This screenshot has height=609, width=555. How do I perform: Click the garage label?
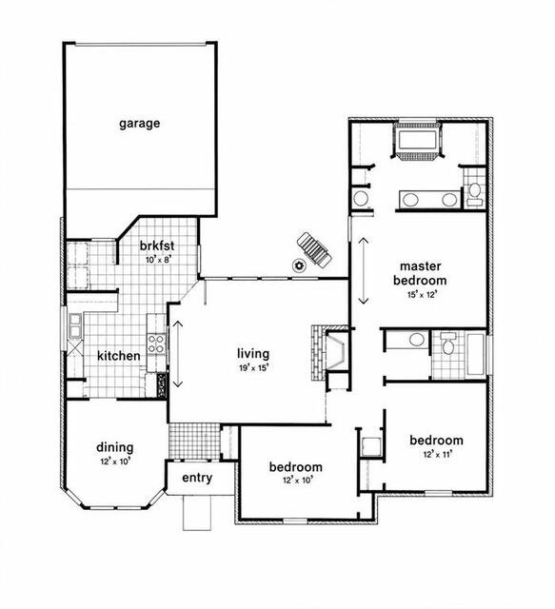140,124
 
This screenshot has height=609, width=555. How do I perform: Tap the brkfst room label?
157,246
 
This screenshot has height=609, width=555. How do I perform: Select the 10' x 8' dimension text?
159,260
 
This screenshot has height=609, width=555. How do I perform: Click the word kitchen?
119,356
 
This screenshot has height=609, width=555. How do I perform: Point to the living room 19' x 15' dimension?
254,367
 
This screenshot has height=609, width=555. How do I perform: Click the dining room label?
115,448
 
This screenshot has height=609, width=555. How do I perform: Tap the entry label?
197,478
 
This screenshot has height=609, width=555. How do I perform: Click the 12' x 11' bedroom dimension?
438,454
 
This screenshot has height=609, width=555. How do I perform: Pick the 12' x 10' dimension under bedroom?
298,481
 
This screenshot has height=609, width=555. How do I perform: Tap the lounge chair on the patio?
315,250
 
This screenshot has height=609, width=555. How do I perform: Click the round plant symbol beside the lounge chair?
299,265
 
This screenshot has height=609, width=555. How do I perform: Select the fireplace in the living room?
329,353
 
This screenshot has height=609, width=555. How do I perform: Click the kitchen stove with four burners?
156,344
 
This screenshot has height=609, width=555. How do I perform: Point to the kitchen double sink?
74,325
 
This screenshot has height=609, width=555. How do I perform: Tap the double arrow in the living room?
178,354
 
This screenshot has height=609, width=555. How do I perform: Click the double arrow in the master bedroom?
364,270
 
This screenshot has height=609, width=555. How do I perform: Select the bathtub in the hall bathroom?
476,354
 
